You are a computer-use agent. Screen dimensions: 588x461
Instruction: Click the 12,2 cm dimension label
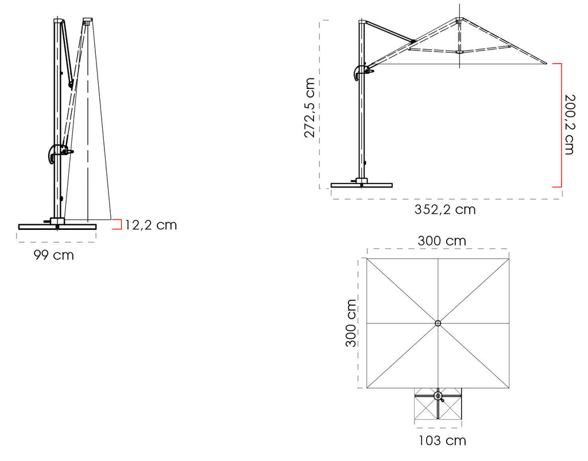(x=151, y=225)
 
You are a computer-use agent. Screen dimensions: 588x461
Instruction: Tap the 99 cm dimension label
(x=53, y=255)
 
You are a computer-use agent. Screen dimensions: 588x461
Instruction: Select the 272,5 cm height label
(x=310, y=108)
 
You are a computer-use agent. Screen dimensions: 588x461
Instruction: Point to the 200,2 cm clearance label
(x=569, y=124)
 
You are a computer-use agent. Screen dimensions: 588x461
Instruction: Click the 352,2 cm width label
(x=445, y=209)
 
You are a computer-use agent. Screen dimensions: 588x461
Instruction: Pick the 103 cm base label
(x=443, y=441)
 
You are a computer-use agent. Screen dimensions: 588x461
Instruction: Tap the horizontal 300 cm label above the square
(x=442, y=241)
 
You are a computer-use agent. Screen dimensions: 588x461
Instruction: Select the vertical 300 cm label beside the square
(x=351, y=323)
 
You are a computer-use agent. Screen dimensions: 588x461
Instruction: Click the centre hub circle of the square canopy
(x=438, y=323)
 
